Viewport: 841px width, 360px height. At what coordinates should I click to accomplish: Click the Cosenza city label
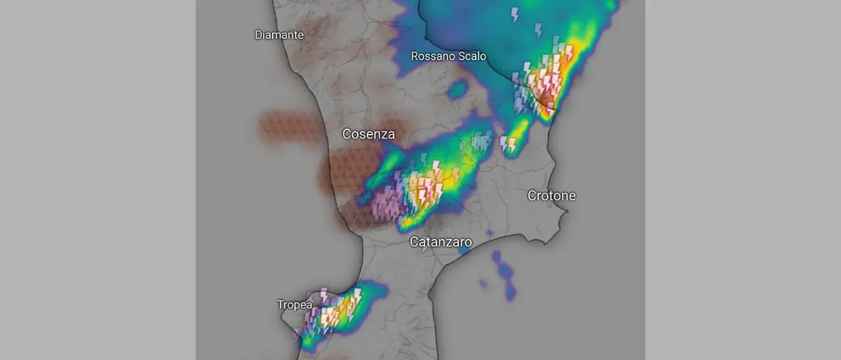tap(368, 135)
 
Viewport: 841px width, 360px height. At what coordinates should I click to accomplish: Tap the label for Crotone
tap(551, 196)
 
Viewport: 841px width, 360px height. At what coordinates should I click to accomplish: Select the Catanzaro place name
tap(440, 242)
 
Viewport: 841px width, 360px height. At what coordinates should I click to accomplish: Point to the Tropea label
tap(294, 305)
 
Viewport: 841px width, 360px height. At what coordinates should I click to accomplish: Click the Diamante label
tap(279, 35)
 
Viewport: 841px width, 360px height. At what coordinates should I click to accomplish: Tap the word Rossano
tap(433, 56)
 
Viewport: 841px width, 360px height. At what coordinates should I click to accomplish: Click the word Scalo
tap(472, 56)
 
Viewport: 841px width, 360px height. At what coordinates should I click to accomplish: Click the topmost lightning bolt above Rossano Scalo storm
tap(514, 14)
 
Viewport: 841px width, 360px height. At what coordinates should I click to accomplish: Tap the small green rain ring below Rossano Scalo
tap(457, 88)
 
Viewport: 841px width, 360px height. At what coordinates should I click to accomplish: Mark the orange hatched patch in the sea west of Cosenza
tap(289, 127)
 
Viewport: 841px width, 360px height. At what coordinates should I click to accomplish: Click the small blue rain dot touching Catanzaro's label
tap(464, 250)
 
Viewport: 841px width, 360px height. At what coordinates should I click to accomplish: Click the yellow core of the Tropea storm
tap(343, 308)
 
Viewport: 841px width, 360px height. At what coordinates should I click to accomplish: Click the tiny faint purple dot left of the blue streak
tap(483, 284)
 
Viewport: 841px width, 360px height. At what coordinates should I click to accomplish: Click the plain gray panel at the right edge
tap(742, 180)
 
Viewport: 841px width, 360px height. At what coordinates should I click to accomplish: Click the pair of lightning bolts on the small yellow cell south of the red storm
tap(508, 144)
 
